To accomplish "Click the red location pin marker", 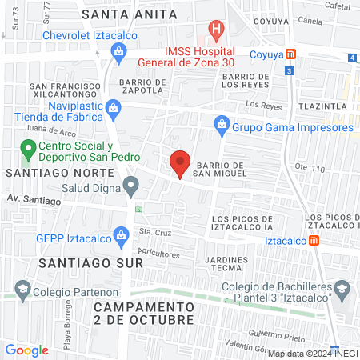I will point(180,162).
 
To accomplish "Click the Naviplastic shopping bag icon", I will point(115,107).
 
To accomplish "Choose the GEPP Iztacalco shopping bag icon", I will point(120,235).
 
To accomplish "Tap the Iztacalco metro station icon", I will point(315,239).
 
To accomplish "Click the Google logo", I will point(26,350).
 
